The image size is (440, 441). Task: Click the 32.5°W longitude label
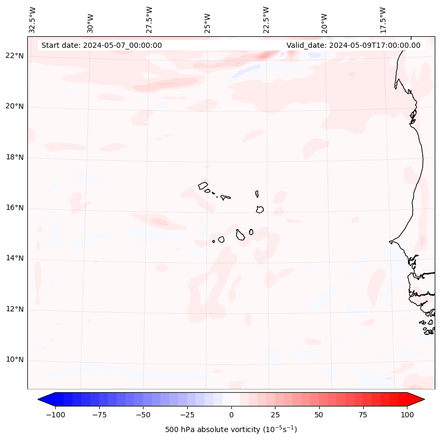[33, 19]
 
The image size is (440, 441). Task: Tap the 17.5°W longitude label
[383, 19]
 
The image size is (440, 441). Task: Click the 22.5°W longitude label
[266, 19]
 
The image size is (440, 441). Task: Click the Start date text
[101, 45]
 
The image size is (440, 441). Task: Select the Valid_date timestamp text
[353, 45]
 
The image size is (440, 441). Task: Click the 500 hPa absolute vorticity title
[231, 429]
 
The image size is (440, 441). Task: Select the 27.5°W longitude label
[149, 19]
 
